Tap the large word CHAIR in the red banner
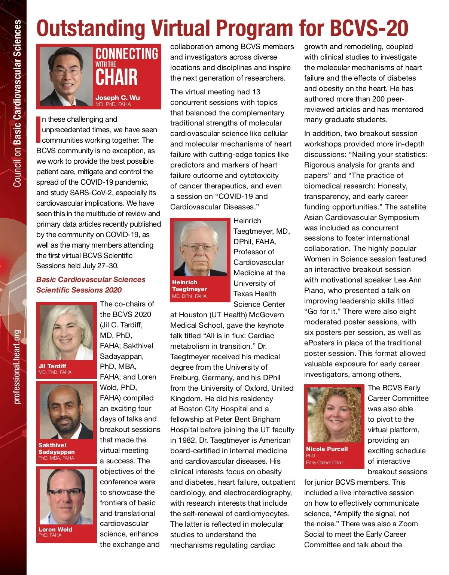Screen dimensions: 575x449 [x=116, y=78]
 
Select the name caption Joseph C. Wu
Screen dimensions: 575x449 [x=117, y=97]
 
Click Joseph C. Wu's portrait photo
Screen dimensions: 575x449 [x=66, y=76]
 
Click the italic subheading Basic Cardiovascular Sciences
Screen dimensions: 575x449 [x=91, y=279]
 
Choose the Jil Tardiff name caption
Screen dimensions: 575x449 [x=52, y=366]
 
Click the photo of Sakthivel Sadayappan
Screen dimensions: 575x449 [x=66, y=411]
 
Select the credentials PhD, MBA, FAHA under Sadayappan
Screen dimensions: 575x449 [x=56, y=458]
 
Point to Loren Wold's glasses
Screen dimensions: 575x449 [x=65, y=492]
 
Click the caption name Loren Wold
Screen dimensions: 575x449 [x=55, y=529]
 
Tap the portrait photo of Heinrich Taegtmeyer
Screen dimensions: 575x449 [x=200, y=249]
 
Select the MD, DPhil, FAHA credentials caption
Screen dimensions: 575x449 [x=189, y=296]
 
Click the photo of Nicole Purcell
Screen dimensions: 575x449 [x=334, y=414]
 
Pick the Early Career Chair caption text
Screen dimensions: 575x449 [x=324, y=463]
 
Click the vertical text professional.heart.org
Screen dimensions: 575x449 [x=17, y=367]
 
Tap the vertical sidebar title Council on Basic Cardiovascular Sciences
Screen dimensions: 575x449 [x=17, y=103]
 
